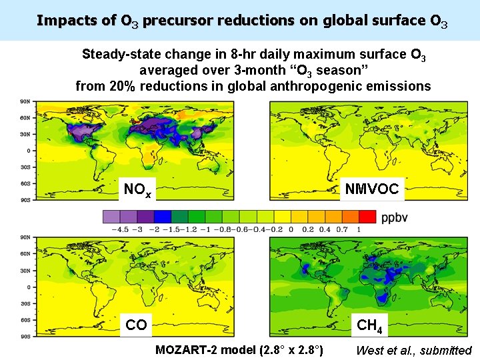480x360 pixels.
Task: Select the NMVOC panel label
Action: [371, 189]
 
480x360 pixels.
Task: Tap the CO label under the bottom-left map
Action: [136, 325]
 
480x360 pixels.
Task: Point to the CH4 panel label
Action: [369, 325]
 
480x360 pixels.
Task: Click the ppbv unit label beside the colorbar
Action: [395, 217]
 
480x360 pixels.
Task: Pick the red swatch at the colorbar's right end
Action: [367, 217]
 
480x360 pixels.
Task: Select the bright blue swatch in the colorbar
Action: [163, 217]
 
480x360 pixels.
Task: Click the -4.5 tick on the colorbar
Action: [120, 229]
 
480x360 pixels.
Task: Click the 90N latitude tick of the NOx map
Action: [25, 101]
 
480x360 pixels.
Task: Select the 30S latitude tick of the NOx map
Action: [25, 167]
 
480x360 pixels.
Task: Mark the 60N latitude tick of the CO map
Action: [25, 253]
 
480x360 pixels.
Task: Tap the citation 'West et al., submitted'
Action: [413, 351]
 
